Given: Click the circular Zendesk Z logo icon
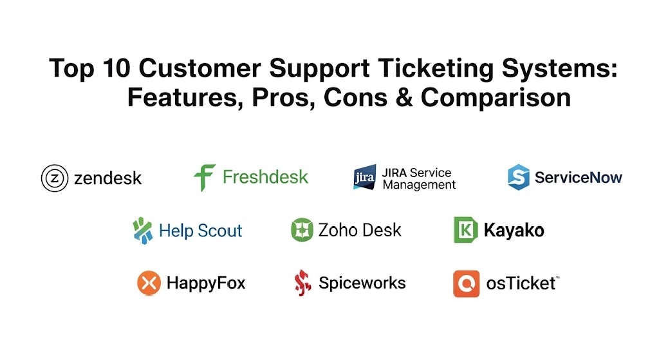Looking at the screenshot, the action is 55,178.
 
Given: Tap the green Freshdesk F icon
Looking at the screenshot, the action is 205,178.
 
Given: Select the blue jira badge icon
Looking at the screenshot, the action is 364,177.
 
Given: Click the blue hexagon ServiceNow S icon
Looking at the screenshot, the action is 518,177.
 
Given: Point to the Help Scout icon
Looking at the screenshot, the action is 142,231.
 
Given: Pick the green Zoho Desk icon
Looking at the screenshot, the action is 302,230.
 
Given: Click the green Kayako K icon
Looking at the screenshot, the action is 466,230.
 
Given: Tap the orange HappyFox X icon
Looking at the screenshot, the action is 149,283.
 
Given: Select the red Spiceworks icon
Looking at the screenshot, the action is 302,283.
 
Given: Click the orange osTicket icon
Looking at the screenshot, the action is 466,283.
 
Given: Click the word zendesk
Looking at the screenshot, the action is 108,178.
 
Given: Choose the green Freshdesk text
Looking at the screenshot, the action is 265,177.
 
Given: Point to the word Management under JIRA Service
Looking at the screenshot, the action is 419,185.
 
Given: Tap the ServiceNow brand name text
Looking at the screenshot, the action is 579,178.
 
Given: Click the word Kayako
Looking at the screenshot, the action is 514,231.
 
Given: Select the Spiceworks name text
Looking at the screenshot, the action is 362,283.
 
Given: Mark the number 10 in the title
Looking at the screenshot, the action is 116,68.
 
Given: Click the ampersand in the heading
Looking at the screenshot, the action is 404,98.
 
